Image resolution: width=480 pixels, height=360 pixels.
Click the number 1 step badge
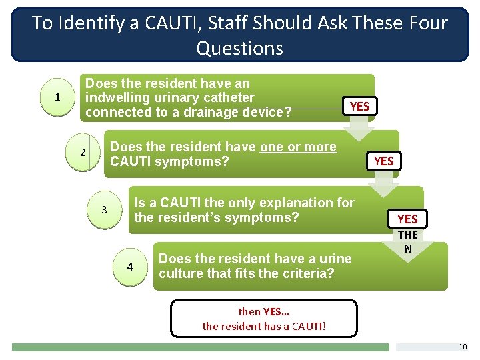click(57, 97)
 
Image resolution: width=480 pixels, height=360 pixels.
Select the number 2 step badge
click(83, 153)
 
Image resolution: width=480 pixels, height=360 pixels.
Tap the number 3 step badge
click(104, 210)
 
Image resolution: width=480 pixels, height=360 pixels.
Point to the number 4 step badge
click(130, 267)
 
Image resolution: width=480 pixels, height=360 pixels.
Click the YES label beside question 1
click(359, 106)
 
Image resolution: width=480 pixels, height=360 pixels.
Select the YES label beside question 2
click(383, 161)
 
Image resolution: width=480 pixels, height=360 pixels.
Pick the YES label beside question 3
click(407, 219)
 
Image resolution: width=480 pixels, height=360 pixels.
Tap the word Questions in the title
click(239, 48)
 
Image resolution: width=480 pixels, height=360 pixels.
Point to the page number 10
click(463, 347)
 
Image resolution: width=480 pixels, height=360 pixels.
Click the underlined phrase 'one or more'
click(298, 147)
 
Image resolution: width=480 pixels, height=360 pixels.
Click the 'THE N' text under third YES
click(407, 241)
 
